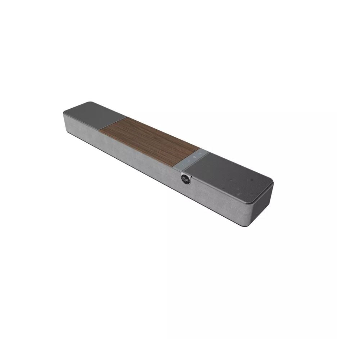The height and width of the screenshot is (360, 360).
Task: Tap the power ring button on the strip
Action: click(x=200, y=154)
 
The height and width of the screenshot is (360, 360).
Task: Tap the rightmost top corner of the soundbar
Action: click(x=273, y=184)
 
